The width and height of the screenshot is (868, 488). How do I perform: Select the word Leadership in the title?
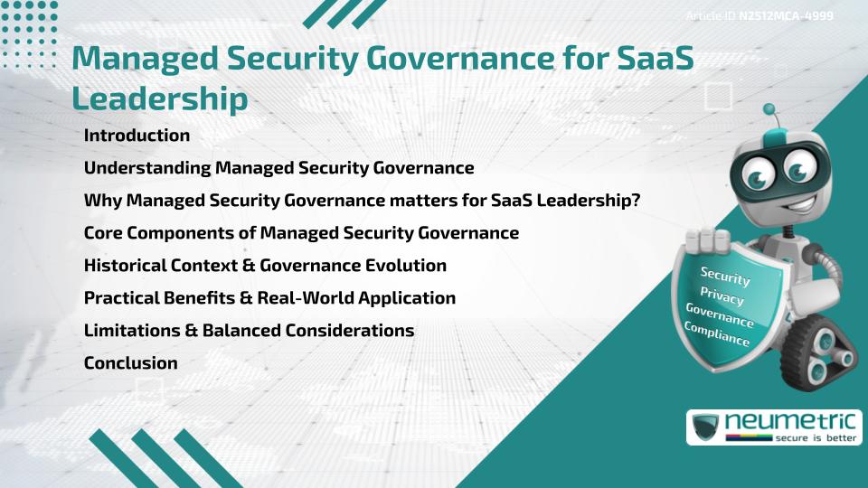click(x=159, y=99)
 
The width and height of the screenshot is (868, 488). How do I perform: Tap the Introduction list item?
click(x=137, y=136)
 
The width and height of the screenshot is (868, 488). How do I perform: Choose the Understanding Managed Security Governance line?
click(x=278, y=168)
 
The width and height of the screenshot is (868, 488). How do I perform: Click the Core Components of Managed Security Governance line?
click(x=301, y=233)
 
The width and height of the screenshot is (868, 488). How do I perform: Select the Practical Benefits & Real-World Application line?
click(x=269, y=298)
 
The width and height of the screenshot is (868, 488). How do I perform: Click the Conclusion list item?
click(x=130, y=363)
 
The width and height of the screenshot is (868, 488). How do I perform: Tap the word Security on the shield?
click(x=725, y=275)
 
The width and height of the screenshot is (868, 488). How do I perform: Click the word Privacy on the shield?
click(x=722, y=297)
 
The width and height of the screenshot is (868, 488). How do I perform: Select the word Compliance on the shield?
click(x=717, y=335)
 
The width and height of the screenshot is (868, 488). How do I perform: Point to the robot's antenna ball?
click(x=770, y=110)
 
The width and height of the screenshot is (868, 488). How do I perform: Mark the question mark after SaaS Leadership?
click(x=636, y=201)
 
